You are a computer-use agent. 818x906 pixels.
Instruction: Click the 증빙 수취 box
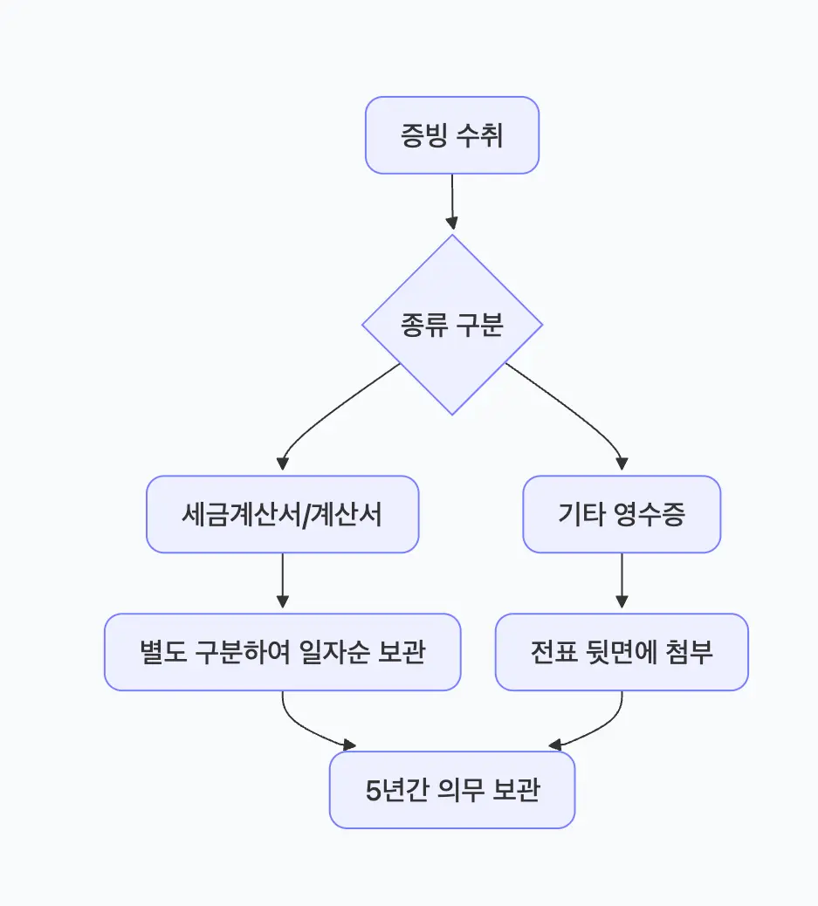(x=451, y=135)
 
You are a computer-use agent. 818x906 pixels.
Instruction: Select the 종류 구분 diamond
(x=451, y=325)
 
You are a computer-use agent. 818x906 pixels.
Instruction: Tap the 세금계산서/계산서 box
(x=282, y=514)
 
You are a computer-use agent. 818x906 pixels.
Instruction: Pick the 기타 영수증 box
(x=622, y=514)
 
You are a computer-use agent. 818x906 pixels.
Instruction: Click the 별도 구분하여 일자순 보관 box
(x=282, y=652)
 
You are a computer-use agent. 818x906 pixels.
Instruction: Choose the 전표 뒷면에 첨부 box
(x=622, y=652)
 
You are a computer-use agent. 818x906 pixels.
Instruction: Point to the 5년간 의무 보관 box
(x=451, y=790)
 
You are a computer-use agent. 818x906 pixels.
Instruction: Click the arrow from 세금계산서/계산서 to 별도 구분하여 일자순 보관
(x=282, y=580)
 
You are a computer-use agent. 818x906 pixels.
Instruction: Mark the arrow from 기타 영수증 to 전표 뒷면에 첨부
(x=622, y=580)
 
